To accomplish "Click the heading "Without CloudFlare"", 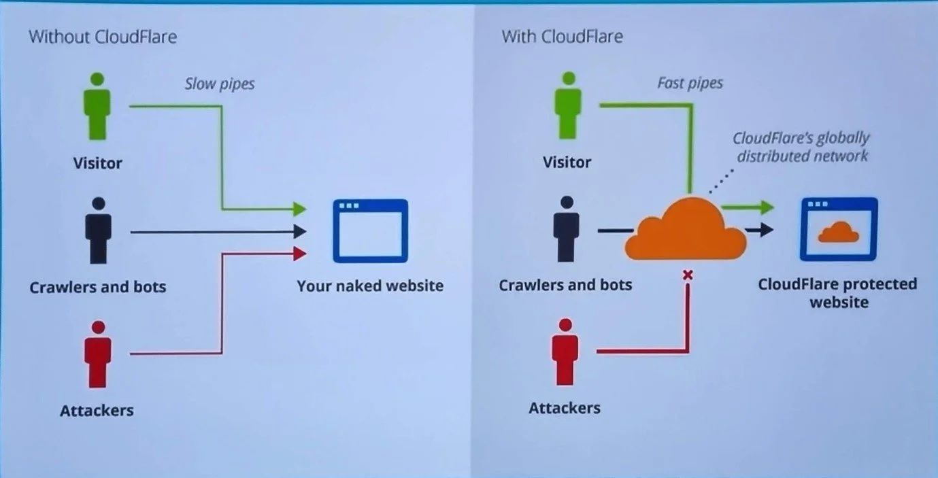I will [103, 36].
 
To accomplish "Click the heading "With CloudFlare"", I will [562, 36].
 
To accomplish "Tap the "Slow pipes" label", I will [220, 84].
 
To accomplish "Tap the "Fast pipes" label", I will [690, 83].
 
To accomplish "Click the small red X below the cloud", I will [687, 275].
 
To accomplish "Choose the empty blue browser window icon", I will [370, 231].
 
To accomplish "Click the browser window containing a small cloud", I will [838, 229].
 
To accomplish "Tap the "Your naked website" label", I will [370, 286].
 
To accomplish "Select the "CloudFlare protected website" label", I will [838, 292].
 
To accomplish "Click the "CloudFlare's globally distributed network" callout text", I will [801, 147].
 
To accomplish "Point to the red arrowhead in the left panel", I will [299, 254].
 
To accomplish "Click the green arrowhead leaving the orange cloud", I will [767, 207].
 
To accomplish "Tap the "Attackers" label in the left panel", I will [97, 410].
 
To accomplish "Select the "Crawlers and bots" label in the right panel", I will [565, 284].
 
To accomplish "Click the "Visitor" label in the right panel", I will [567, 162].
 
